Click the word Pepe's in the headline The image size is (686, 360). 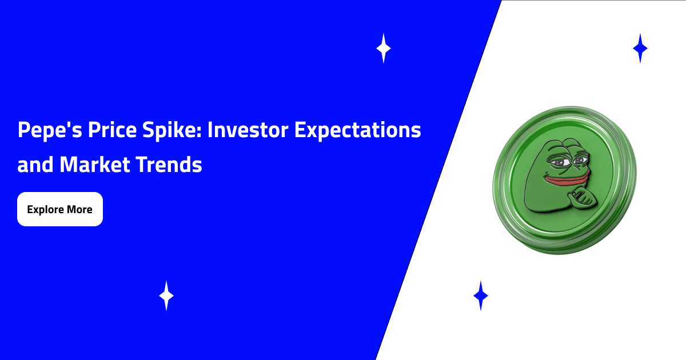pos(50,130)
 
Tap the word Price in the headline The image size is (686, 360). pos(112,130)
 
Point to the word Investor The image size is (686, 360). pos(248,130)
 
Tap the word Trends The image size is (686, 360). pos(169,165)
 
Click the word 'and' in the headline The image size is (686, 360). pos(35,165)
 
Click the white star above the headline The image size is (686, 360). pos(384,49)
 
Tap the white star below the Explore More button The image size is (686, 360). pos(166,296)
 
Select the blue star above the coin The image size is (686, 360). pos(640,49)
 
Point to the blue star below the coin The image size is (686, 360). pos(481,296)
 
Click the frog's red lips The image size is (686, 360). pos(567,179)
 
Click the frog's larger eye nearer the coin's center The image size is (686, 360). pos(559,162)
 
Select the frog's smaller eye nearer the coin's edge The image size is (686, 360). pos(581,160)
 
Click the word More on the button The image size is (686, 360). pos(79,209)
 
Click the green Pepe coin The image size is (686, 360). pos(564,180)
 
